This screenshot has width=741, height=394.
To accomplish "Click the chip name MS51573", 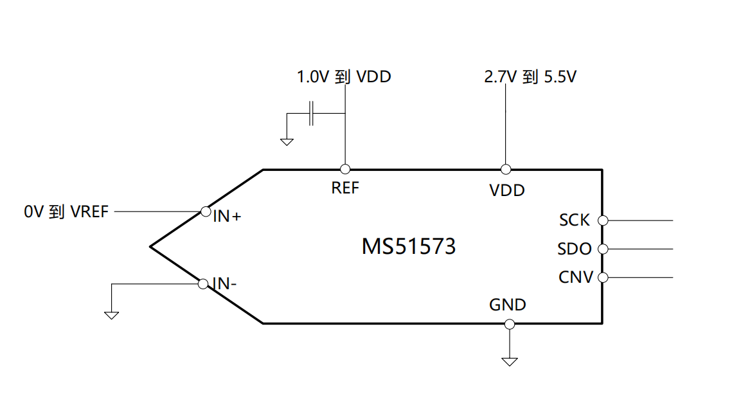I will pyautogui.click(x=409, y=246).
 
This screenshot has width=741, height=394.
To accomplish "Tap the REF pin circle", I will pyautogui.click(x=345, y=169).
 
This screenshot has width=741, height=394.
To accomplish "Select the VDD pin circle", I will pyautogui.click(x=506, y=169).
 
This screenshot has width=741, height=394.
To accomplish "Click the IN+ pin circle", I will pyautogui.click(x=206, y=211).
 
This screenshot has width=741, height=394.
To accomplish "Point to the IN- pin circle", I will pyautogui.click(x=202, y=283).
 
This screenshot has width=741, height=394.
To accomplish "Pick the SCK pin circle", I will pyautogui.click(x=603, y=220).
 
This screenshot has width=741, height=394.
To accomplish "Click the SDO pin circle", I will pyautogui.click(x=603, y=249).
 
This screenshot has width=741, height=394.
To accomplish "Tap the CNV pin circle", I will pyautogui.click(x=603, y=278).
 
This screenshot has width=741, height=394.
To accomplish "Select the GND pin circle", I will pyautogui.click(x=510, y=323).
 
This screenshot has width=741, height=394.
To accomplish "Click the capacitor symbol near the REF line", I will pyautogui.click(x=312, y=113).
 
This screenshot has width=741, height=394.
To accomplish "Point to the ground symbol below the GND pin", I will pyautogui.click(x=510, y=361).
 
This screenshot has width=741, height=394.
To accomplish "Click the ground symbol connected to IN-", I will pyautogui.click(x=112, y=314).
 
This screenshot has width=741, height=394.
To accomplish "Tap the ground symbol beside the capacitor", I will pyautogui.click(x=287, y=141).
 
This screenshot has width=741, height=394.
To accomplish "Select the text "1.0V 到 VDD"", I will pyautogui.click(x=344, y=77).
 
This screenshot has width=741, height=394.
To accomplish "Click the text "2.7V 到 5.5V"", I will pyautogui.click(x=530, y=78).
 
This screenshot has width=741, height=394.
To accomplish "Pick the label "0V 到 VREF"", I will pyautogui.click(x=66, y=211).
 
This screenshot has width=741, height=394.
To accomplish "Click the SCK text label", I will pyautogui.click(x=574, y=220).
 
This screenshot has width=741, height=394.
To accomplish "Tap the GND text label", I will pyautogui.click(x=508, y=305).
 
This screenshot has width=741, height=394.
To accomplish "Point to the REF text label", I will pyautogui.click(x=345, y=188).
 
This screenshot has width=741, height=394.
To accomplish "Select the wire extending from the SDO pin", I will pyautogui.click(x=640, y=249).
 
